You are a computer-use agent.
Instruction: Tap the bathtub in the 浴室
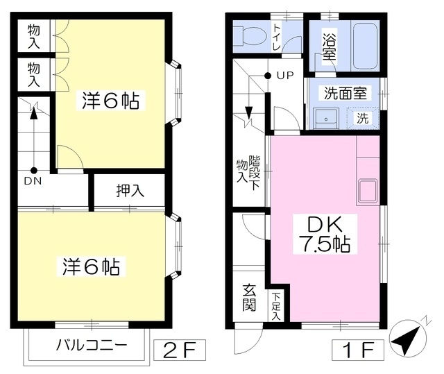pyautogui.click(x=366, y=46)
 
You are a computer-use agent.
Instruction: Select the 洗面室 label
pyautogui.click(x=345, y=93)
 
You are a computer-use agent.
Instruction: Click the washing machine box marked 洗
pyautogui.click(x=363, y=117)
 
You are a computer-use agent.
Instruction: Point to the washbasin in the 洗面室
pyautogui.click(x=326, y=119)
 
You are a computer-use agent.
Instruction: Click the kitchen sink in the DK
pyautogui.click(x=368, y=191)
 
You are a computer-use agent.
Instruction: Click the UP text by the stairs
pyautogui.click(x=285, y=76)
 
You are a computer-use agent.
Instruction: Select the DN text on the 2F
pyautogui.click(x=33, y=181)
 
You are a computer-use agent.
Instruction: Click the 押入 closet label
pyautogui.click(x=130, y=191)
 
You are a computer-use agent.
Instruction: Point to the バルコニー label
pyautogui.click(x=92, y=345)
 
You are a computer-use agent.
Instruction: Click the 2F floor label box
pyautogui.click(x=180, y=350)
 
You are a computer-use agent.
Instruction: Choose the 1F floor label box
pyautogui.click(x=358, y=350)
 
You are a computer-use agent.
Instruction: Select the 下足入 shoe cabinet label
pyautogui.click(x=276, y=307)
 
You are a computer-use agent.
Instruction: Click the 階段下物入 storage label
pyautogui.click(x=248, y=172)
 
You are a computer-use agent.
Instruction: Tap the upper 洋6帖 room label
pyautogui.click(x=111, y=101)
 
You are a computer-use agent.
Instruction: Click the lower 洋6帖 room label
pyautogui.click(x=91, y=266)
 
